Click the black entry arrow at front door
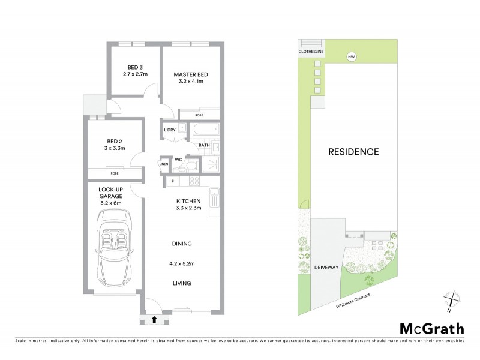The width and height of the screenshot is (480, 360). point(155,320)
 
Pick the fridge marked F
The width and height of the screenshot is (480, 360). point(173,181)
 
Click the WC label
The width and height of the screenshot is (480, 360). point(178,160)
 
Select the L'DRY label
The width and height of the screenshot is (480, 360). point(169,130)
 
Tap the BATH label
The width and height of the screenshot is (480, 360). point(203,145)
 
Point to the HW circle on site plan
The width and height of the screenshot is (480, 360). point(350,57)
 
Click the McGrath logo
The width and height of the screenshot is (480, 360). point(432,328)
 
